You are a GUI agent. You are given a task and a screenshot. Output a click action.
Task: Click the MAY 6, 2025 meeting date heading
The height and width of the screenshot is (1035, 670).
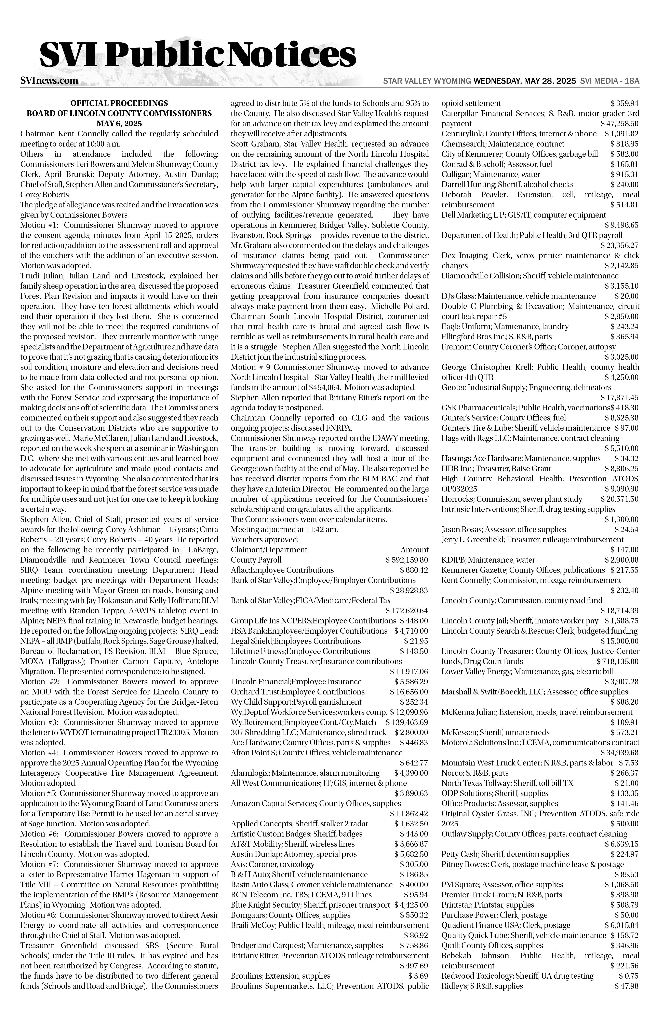pos(119,124)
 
